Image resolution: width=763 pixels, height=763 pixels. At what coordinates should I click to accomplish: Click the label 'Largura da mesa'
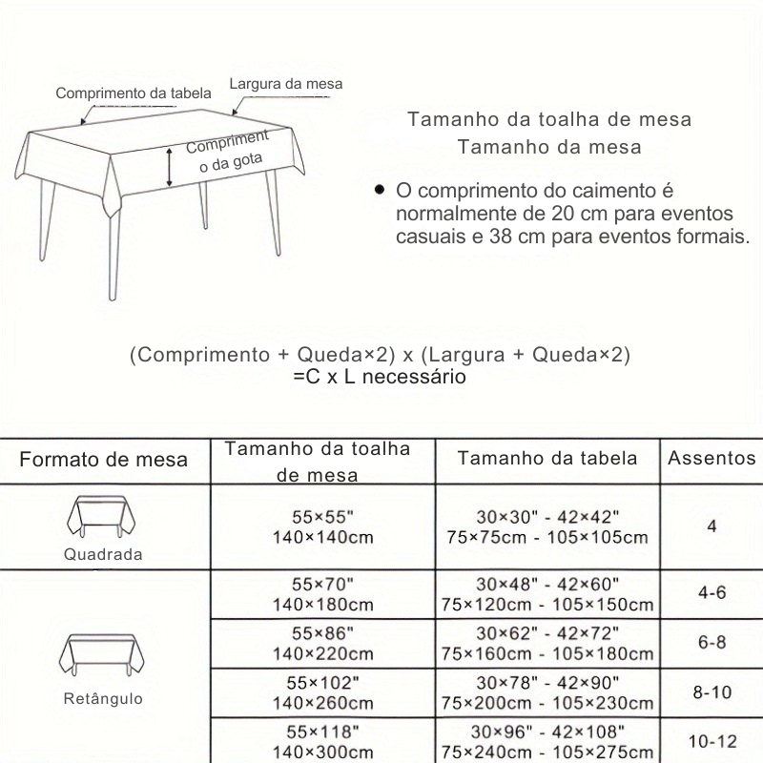tap(285, 84)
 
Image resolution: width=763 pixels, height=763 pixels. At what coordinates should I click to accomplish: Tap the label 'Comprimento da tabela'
tap(134, 93)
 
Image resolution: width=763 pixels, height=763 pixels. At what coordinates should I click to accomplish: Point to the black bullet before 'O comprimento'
tap(380, 190)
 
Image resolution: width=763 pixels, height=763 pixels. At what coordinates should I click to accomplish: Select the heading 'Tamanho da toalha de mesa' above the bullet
tap(549, 120)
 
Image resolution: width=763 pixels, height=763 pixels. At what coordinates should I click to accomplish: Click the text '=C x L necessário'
tap(380, 378)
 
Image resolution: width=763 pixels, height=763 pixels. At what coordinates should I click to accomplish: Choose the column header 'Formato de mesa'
tap(104, 460)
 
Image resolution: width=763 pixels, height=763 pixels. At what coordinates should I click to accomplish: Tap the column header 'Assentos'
tap(711, 458)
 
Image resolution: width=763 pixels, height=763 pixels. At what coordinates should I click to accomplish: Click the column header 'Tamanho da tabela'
tap(547, 458)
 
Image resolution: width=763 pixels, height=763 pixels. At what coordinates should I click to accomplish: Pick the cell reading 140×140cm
tap(320, 536)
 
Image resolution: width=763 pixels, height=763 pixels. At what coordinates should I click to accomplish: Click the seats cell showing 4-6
tap(711, 593)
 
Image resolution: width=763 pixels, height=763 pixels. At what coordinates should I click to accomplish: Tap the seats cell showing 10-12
tap(711, 740)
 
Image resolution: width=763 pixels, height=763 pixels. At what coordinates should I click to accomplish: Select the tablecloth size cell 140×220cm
tap(320, 653)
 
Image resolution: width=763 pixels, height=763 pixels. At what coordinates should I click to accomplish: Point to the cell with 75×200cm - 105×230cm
tap(547, 703)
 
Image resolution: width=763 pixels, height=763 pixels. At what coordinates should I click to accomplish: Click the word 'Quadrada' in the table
tap(104, 554)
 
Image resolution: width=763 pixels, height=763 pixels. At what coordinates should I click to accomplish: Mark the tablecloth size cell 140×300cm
tap(320, 752)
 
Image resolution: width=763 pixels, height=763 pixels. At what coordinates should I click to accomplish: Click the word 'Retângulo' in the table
tap(104, 699)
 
